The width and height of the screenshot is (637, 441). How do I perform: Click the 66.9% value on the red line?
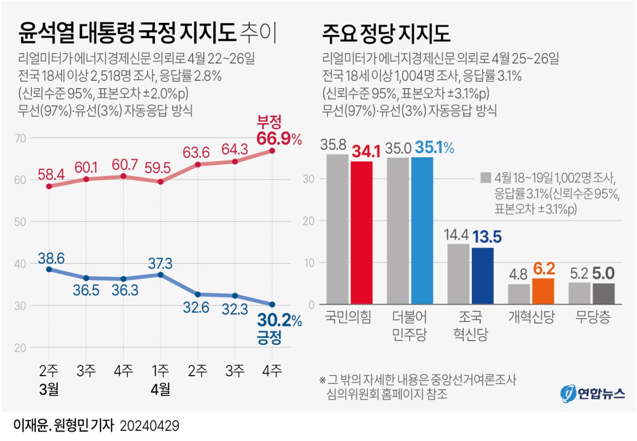pos(279,139)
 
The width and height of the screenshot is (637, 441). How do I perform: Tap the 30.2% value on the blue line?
pos(279,322)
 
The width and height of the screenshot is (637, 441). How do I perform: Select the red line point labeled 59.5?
pos(160,182)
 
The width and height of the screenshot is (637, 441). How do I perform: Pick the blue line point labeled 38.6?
pos(49,269)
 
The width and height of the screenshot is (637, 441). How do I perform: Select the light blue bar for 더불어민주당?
pos(422,231)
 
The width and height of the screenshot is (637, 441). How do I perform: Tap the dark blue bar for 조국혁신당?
pos(483,276)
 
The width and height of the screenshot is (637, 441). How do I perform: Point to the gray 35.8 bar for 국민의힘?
pos(337,229)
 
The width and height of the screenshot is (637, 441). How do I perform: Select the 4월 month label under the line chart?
pos(160,391)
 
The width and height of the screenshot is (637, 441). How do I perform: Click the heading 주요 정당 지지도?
pos(386,34)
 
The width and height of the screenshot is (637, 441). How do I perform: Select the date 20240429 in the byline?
pos(150,426)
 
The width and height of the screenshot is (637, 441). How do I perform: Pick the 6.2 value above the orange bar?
pos(544,268)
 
